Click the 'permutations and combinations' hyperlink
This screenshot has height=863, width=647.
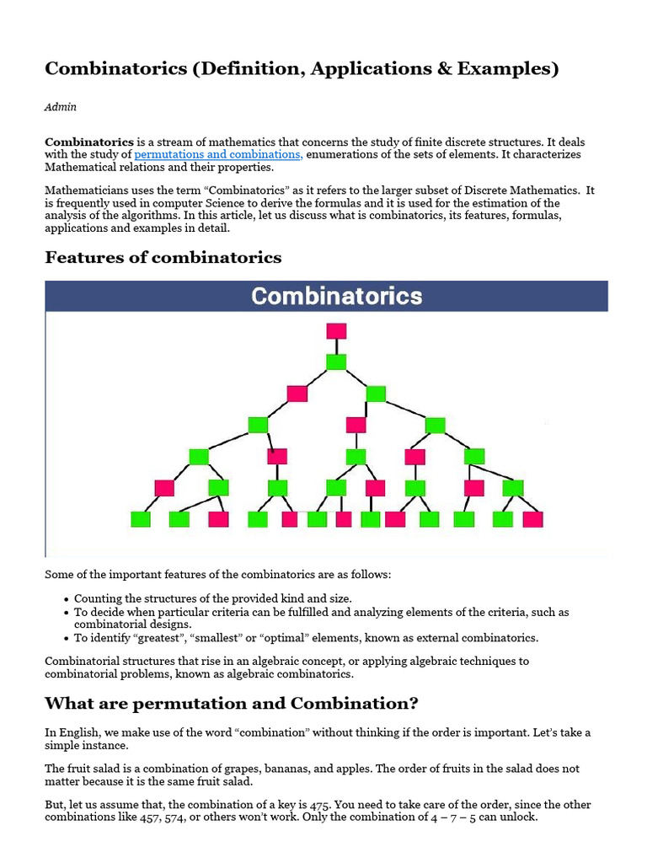click(218, 155)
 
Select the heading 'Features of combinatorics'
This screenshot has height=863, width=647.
click(163, 257)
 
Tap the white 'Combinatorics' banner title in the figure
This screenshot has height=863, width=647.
click(337, 297)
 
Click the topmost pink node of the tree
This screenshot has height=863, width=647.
click(336, 330)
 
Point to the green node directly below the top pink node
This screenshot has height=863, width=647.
click(336, 362)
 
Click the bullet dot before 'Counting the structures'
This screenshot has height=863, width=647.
click(66, 599)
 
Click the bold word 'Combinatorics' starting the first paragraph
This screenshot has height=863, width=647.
click(88, 142)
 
